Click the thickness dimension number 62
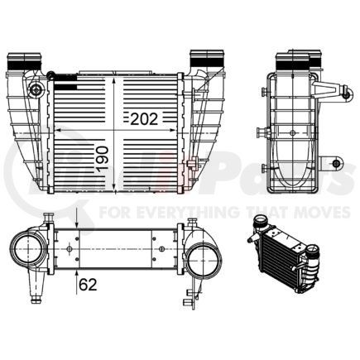(x=88, y=287)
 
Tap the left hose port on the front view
(x=23, y=63)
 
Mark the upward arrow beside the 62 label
(x=77, y=271)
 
